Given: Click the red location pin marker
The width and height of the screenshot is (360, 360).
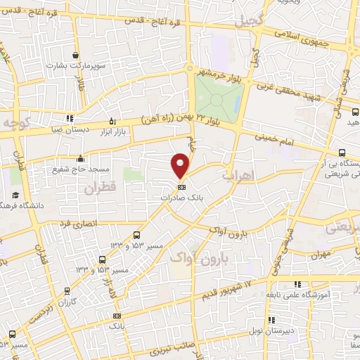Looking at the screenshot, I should pyautogui.click(x=181, y=166).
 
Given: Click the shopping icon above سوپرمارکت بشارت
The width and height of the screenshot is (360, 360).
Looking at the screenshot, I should pyautogui.click(x=75, y=55).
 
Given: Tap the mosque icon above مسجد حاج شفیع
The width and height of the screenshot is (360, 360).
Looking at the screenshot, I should pyautogui.click(x=81, y=157).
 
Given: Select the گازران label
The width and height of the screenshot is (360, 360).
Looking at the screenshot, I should pyautogui.click(x=66, y=300).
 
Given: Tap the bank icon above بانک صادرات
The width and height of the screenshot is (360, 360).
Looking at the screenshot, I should pyautogui.click(x=181, y=188).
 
